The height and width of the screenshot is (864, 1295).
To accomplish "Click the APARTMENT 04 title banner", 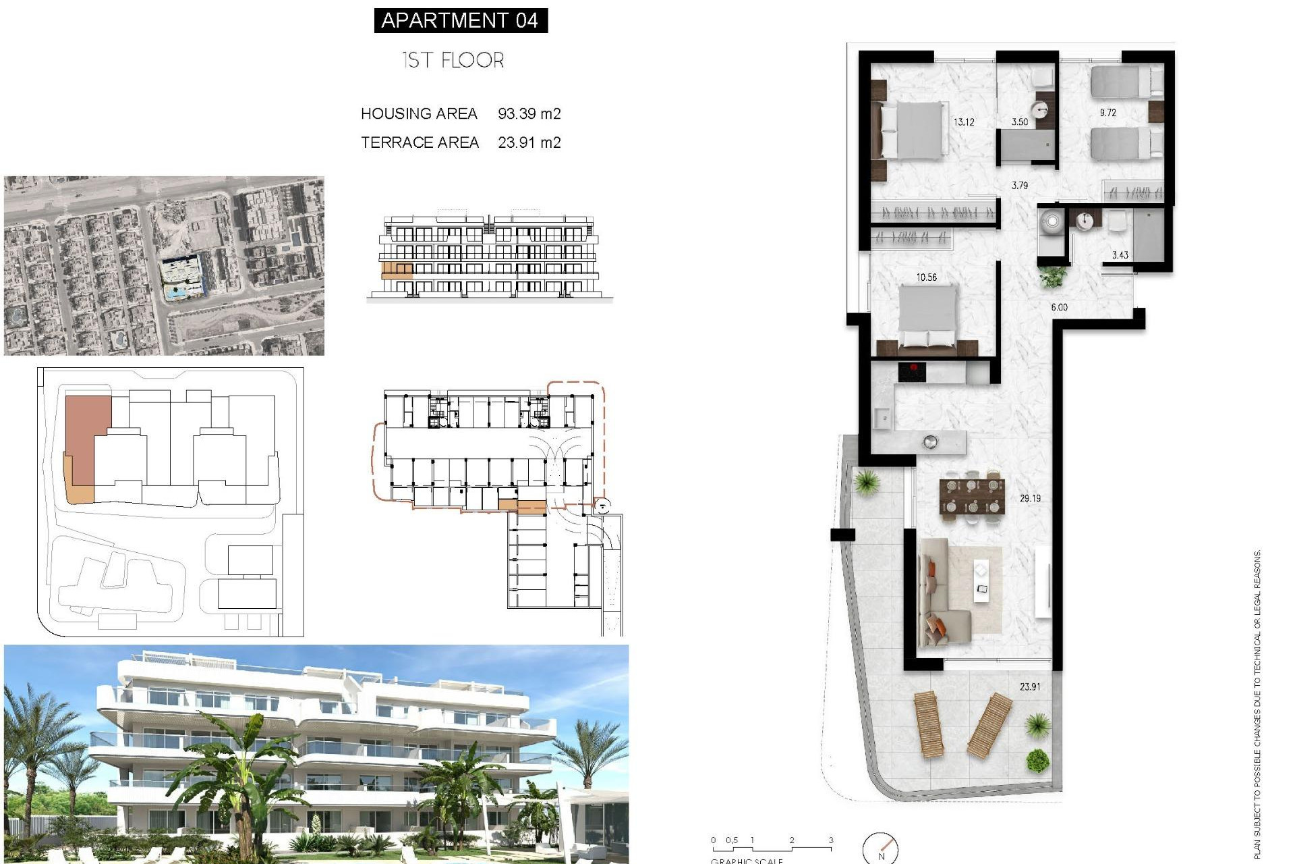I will (461, 20).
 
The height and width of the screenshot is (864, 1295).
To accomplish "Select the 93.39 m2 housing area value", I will (529, 113).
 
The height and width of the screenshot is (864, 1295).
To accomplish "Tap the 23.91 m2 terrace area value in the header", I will (529, 142).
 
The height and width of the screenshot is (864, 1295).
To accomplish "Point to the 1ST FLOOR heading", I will (453, 60).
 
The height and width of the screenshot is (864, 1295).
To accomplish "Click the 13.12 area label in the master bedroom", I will (963, 122).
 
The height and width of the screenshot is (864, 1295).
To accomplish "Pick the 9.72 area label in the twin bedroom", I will (1107, 113).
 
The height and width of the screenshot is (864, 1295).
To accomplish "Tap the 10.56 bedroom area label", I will (926, 277).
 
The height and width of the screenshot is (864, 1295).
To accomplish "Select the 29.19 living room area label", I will (1030, 498).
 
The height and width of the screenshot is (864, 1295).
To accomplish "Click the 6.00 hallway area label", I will (1059, 307).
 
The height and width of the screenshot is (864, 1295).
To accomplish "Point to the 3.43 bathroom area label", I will (1120, 255).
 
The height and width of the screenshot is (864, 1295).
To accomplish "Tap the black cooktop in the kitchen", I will (911, 372).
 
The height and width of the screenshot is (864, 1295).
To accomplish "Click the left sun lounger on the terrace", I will (928, 724).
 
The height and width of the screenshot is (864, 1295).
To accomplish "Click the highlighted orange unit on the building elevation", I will (397, 271).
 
